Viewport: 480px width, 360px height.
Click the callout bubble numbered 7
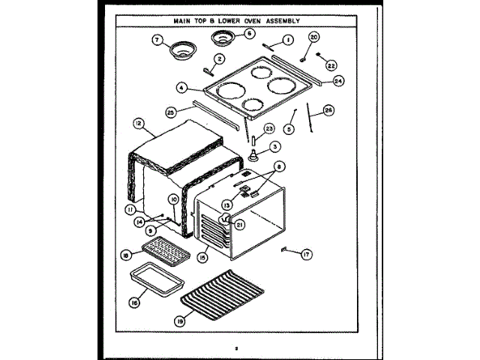(x=156, y=40)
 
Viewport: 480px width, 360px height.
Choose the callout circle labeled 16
(x=134, y=303)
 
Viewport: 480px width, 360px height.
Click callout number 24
(x=338, y=82)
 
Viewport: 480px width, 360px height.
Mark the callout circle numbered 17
(x=305, y=255)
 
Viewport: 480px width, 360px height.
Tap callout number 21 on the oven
(x=240, y=223)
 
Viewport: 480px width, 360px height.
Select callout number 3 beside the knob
(x=276, y=146)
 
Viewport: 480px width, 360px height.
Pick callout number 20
(x=313, y=37)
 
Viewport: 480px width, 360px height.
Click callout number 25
(x=171, y=112)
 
